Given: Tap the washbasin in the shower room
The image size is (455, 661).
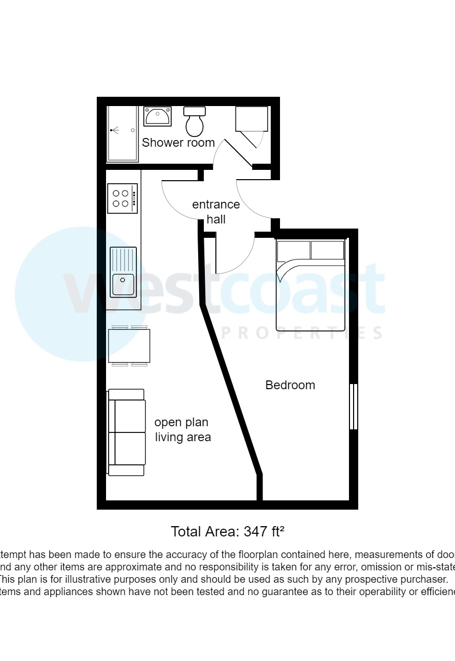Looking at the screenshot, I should coord(157,116).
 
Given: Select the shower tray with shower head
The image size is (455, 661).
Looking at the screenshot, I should coord(122,134).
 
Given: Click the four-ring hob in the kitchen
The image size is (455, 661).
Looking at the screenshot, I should coord(122,198).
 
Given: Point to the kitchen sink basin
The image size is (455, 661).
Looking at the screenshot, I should coord(123,285).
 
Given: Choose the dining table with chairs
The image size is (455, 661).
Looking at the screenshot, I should coord(129,346).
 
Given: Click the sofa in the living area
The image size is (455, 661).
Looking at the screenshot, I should coord(127,432).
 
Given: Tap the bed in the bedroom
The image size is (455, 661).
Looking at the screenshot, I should coord(310,286).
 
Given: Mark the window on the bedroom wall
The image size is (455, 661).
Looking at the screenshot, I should coord(353,406).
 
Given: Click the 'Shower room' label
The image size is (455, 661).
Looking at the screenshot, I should coord(178,143).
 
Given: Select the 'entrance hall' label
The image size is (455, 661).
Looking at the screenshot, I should coord(216,212).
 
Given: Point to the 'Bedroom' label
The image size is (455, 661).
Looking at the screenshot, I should coord(290,385).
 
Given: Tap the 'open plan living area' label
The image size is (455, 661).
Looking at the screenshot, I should coord(183,430).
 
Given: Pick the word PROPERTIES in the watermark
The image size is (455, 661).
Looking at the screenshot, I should coord(301,333).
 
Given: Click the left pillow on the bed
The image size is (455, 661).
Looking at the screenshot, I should coord(294,250).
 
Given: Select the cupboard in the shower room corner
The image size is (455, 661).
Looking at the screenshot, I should coord(252,119).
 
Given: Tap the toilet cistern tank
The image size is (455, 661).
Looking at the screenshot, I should coord(195,111).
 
